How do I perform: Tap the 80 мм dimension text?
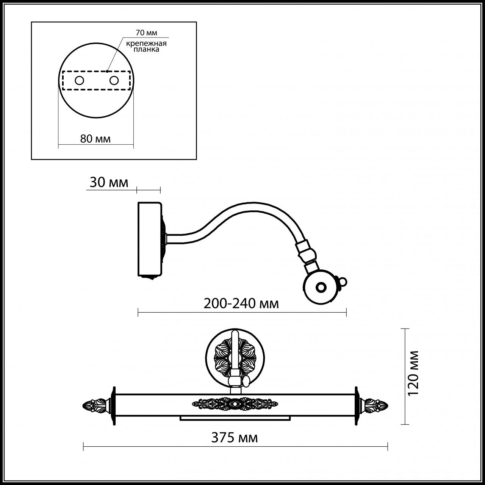pyautogui.click(x=95, y=139)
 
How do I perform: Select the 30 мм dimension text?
pyautogui.click(x=109, y=183)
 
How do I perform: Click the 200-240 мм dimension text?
pyautogui.click(x=241, y=304)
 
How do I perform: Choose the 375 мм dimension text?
pyautogui.click(x=235, y=438)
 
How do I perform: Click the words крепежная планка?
pyautogui.click(x=147, y=46)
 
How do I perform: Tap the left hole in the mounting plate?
pyautogui.click(x=80, y=80)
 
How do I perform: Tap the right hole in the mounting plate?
pyautogui.click(x=113, y=80)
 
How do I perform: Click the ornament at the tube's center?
pyautogui.click(x=235, y=404)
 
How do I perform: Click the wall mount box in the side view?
pyautogui.click(x=150, y=239)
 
